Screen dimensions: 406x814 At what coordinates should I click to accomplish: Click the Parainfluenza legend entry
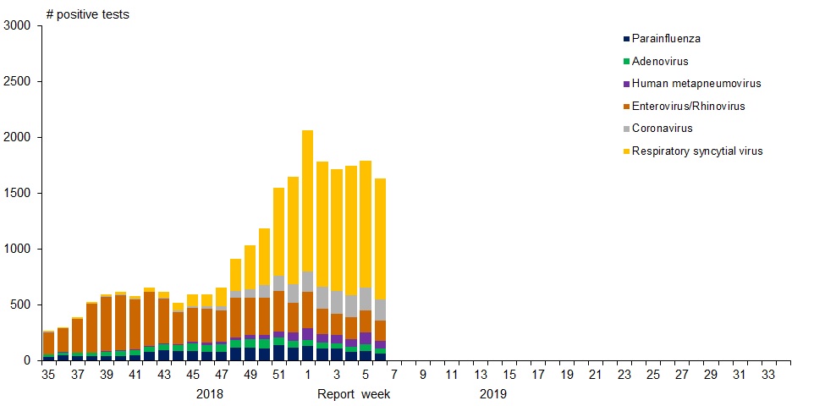[x=666, y=39]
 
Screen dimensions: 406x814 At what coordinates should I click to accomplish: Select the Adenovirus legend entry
[x=660, y=62]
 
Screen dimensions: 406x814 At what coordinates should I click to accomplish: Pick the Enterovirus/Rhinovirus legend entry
[x=688, y=107]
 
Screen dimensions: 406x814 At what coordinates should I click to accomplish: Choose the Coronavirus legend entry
[x=662, y=129]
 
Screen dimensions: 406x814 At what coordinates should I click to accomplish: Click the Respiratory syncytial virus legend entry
[x=697, y=151]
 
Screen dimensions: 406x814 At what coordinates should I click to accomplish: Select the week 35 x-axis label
[x=48, y=374]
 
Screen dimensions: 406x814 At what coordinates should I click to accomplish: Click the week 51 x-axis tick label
[x=278, y=374]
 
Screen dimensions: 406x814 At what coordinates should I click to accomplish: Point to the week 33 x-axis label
[x=768, y=374]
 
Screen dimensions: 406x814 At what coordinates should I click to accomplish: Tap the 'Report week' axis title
[x=354, y=394]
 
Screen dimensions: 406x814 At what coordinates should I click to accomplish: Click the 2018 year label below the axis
[x=210, y=394]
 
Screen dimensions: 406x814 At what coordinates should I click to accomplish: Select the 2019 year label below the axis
[x=493, y=394]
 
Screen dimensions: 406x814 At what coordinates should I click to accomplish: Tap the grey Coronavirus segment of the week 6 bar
[x=380, y=310]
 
